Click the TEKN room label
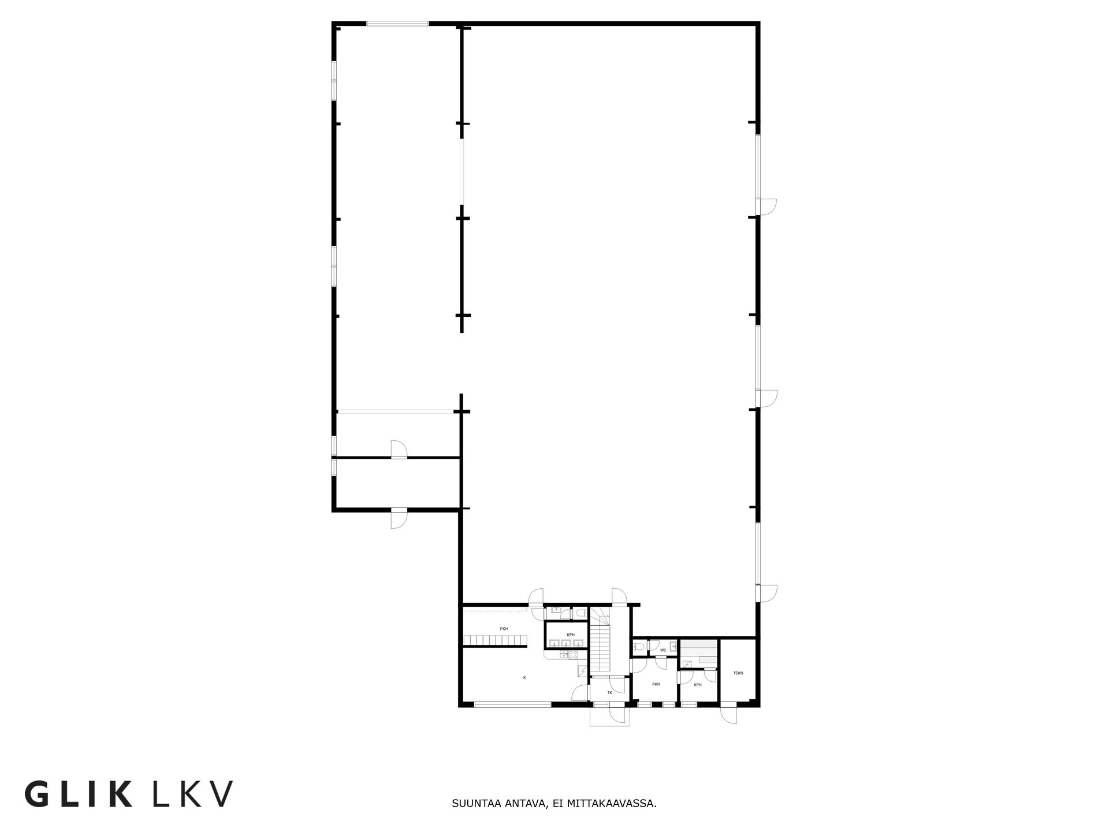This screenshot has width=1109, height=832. (x=738, y=673)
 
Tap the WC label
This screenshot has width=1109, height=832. (x=663, y=650)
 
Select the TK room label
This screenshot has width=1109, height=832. (x=609, y=692)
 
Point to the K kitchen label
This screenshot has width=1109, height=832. (x=524, y=677)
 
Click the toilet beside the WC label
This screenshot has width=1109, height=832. (x=638, y=646)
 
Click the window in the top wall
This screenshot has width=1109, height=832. (x=397, y=24)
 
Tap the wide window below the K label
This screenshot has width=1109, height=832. (x=512, y=704)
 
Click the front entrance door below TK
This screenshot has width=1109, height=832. (x=617, y=715)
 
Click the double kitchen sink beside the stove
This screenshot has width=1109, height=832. (x=563, y=655)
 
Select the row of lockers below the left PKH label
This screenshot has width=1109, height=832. (x=496, y=640)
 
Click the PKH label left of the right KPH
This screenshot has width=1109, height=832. (x=656, y=684)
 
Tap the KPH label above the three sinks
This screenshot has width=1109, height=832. (x=571, y=635)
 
